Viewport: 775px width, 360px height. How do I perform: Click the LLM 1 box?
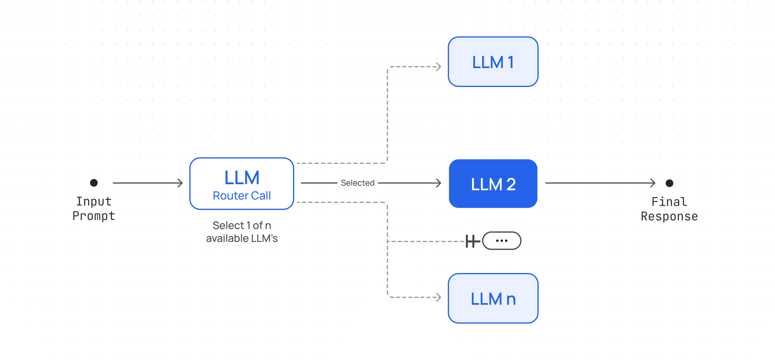pyautogui.click(x=493, y=62)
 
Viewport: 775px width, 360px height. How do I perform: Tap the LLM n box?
pyautogui.click(x=493, y=298)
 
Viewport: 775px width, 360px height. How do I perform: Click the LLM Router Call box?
pyautogui.click(x=242, y=183)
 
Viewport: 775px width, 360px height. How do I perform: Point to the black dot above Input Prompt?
pyautogui.click(x=94, y=183)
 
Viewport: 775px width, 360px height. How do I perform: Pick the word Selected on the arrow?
pyautogui.click(x=357, y=183)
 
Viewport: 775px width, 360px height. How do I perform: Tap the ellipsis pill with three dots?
pyautogui.click(x=501, y=241)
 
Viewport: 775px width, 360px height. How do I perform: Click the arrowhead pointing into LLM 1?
pyautogui.click(x=439, y=66)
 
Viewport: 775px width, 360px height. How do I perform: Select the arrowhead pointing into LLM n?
pyautogui.click(x=439, y=297)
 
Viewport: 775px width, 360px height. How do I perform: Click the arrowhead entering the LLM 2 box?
pyautogui.click(x=439, y=183)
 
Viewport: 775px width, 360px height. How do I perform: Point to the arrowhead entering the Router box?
pyautogui.click(x=180, y=183)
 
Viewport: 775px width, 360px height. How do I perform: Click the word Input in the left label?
pyautogui.click(x=94, y=201)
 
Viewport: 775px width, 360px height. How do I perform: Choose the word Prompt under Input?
pyautogui.click(x=94, y=216)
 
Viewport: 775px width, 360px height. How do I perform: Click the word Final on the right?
pyautogui.click(x=669, y=202)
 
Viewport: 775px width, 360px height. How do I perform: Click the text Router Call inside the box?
pyautogui.click(x=242, y=196)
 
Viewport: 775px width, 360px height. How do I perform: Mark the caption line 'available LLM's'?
pyautogui.click(x=242, y=238)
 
